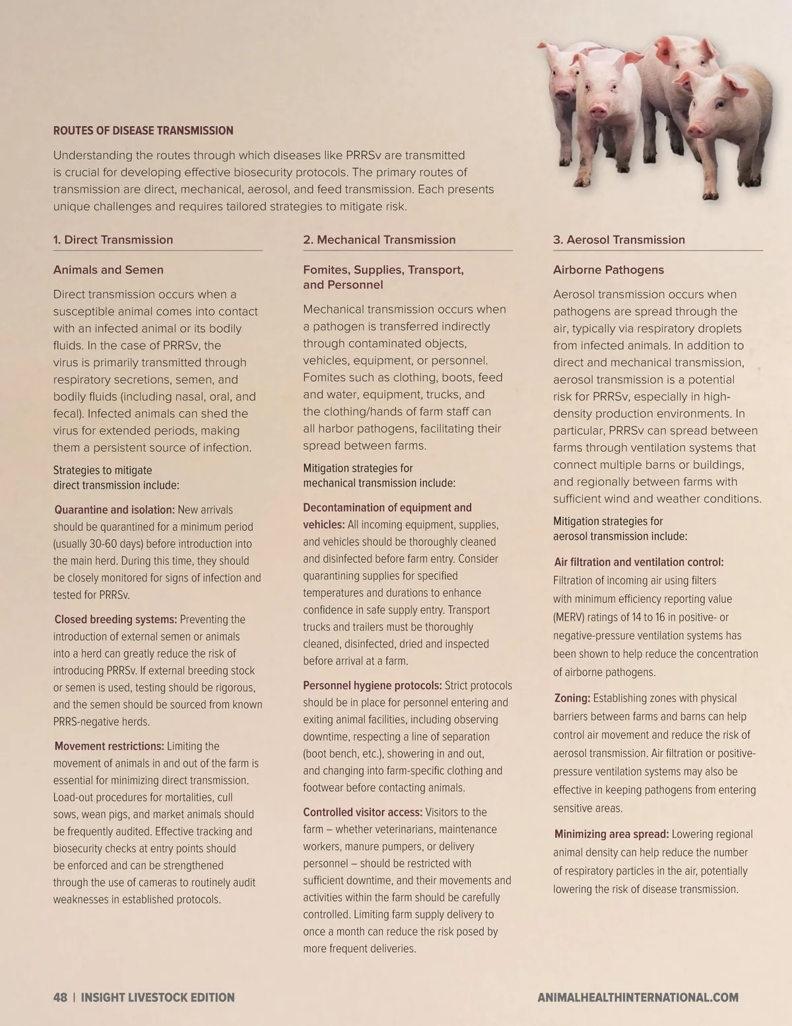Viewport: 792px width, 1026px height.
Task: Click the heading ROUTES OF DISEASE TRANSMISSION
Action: click(x=143, y=131)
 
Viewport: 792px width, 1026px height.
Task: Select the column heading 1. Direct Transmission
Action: click(x=113, y=240)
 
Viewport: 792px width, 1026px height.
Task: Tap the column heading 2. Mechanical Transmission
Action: click(x=379, y=240)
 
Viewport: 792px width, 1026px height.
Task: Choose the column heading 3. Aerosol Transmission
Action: click(x=619, y=240)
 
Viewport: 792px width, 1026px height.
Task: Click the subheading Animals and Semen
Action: click(x=108, y=270)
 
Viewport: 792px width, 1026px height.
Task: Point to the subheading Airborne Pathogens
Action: click(x=609, y=270)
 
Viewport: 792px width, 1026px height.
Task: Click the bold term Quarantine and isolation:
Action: click(x=114, y=510)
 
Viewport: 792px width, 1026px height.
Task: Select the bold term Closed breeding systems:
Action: click(x=115, y=619)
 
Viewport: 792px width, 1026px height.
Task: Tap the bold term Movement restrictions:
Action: click(x=109, y=746)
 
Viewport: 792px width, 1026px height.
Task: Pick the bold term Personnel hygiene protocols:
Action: click(x=372, y=686)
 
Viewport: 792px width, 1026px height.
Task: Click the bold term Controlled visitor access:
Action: click(x=362, y=812)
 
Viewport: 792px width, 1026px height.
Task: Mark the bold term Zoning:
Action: click(x=572, y=698)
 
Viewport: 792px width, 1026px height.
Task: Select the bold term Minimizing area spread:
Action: click(x=611, y=834)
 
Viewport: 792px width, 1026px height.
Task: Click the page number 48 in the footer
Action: click(x=60, y=998)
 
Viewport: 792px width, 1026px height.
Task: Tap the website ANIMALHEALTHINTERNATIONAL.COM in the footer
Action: click(x=638, y=998)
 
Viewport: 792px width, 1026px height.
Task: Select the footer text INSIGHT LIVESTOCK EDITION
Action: click(x=158, y=998)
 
